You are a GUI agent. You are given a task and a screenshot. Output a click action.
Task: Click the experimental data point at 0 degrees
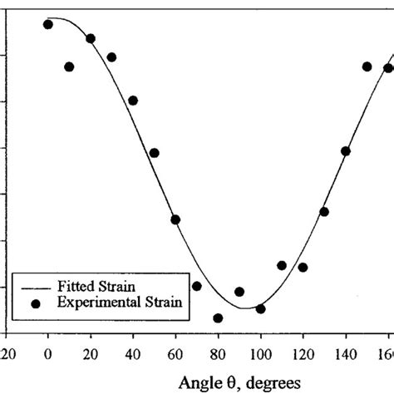(48, 24)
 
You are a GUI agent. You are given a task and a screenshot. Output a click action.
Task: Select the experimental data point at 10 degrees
(69, 66)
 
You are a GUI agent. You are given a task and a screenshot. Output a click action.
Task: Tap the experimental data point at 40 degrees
(133, 101)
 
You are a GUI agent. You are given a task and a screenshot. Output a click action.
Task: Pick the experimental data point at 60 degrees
(175, 219)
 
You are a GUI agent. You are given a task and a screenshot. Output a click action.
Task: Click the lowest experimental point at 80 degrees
(218, 318)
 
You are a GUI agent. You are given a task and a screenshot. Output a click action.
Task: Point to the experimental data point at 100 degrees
(260, 308)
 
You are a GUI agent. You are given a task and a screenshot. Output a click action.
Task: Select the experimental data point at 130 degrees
(324, 211)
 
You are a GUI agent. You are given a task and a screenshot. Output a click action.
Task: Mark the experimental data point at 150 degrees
(367, 66)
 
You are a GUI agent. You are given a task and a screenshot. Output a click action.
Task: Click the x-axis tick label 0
(48, 352)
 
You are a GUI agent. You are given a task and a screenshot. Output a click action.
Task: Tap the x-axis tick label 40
(133, 352)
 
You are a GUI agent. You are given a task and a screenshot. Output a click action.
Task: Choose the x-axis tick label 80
(218, 352)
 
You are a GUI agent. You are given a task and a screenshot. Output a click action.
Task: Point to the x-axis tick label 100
(260, 352)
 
